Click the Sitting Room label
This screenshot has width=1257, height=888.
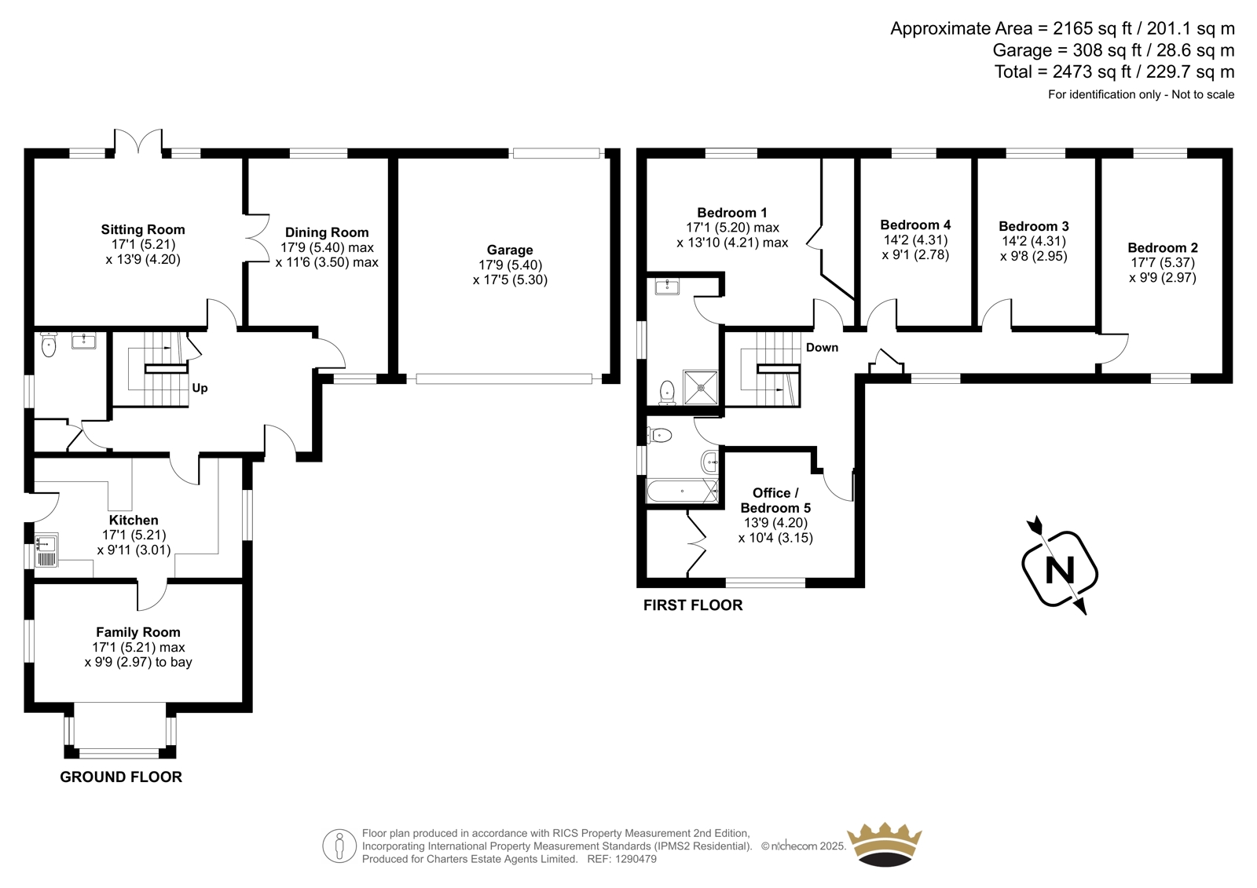[x=142, y=229]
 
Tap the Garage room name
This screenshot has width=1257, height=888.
[x=510, y=250]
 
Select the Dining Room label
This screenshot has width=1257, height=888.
[x=327, y=232]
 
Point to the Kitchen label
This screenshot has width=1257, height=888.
[x=134, y=520]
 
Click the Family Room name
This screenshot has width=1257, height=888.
[x=138, y=632]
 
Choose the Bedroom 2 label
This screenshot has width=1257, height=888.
[x=1163, y=247]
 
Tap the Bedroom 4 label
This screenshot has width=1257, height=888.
[x=915, y=225]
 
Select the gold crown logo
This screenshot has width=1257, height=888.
[x=885, y=844]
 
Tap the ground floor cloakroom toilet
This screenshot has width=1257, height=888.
[x=49, y=344]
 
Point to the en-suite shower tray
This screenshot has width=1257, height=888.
[x=700, y=387]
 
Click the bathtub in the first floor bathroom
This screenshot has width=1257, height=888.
[x=683, y=492]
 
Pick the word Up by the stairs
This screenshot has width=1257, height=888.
[x=200, y=388]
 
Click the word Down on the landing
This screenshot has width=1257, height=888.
[x=822, y=347]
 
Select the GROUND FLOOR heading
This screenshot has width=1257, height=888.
[x=121, y=777]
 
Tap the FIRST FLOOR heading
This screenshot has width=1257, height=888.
[x=693, y=605]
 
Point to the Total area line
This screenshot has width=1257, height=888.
[x=1115, y=71]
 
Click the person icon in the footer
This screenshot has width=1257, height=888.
[x=339, y=846]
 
